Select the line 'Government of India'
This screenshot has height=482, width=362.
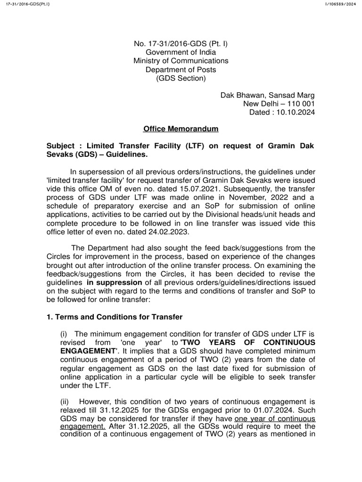pos(181,53)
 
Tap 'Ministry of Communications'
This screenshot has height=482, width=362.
pos(181,61)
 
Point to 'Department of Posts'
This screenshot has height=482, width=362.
pos(181,70)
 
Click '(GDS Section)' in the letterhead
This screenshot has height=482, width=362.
pos(181,78)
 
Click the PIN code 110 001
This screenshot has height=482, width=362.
pos(299,104)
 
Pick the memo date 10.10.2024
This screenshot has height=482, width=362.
pos(296,112)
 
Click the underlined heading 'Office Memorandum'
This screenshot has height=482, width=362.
pos(181,129)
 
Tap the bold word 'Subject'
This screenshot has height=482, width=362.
pos(58,146)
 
